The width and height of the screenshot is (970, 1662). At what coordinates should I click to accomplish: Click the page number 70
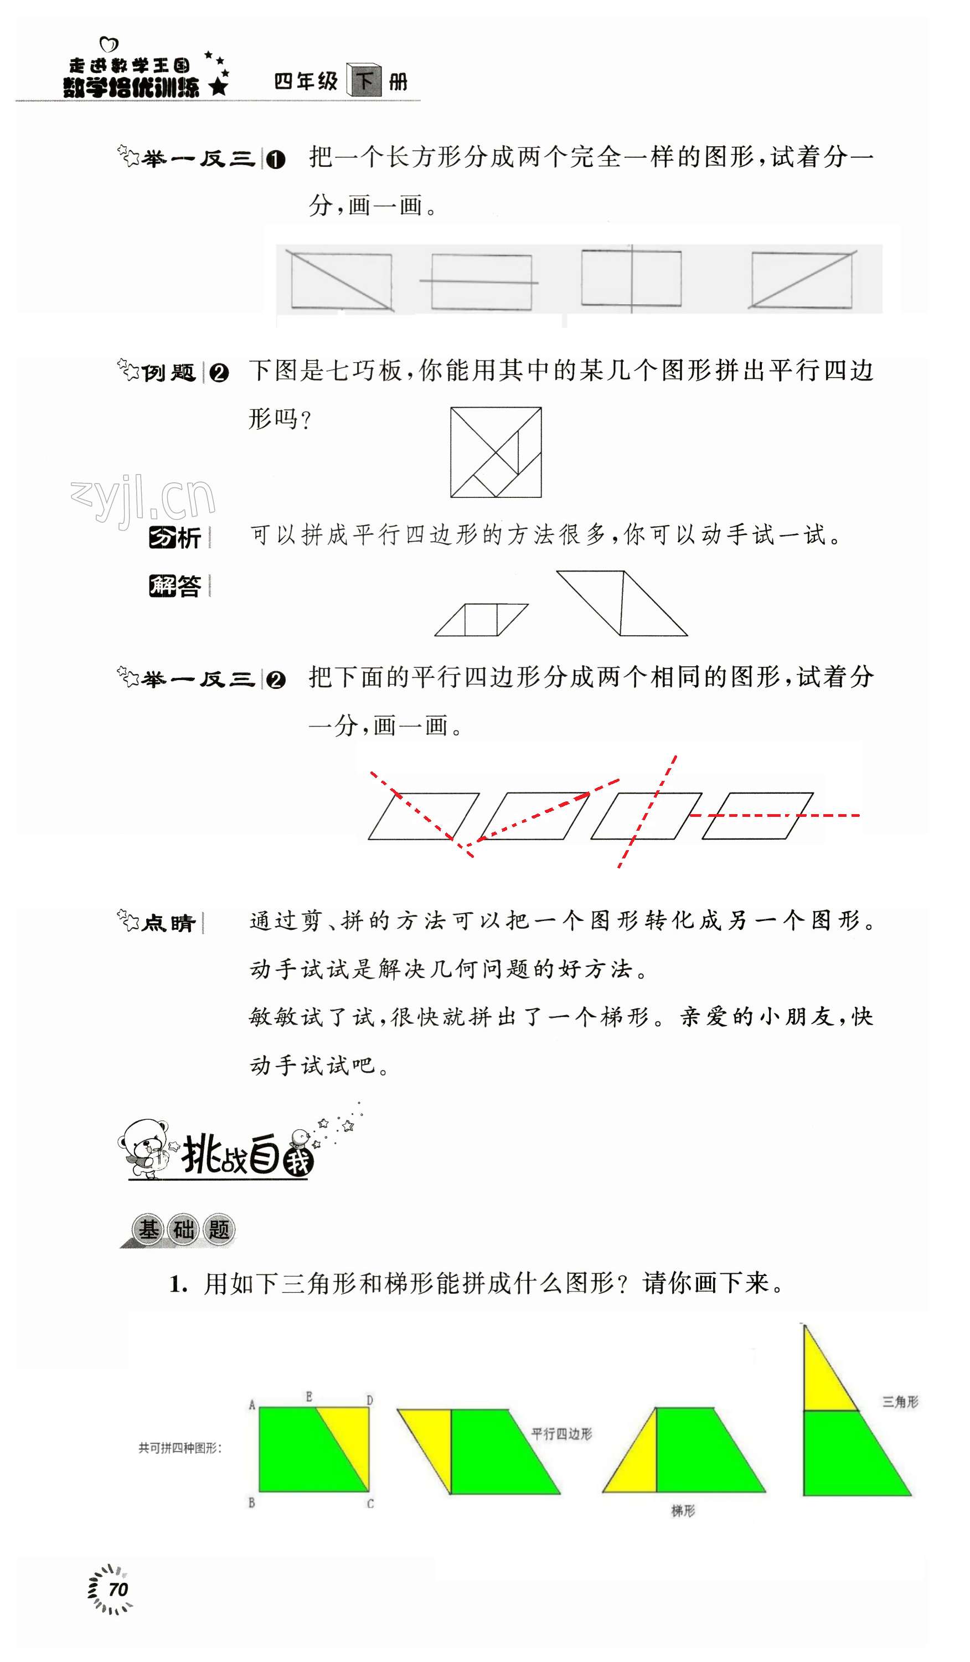click(117, 1589)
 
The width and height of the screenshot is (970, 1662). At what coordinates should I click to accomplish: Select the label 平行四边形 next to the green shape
click(561, 1434)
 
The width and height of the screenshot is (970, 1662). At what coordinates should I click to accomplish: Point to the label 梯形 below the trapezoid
click(683, 1511)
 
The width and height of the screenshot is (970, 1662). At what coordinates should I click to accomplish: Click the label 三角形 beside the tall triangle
click(900, 1402)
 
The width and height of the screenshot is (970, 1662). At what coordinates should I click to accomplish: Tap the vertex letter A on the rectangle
click(251, 1405)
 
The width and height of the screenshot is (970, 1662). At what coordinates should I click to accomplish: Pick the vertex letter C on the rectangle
click(370, 1504)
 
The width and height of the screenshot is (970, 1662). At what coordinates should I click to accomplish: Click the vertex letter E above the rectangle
click(308, 1396)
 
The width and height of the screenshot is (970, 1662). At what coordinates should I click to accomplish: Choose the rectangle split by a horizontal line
click(481, 282)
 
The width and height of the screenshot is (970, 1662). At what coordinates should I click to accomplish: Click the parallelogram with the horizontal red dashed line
click(757, 815)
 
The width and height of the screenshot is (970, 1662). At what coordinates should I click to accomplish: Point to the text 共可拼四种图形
click(180, 1448)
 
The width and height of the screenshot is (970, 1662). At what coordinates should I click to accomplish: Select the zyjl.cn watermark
click(143, 499)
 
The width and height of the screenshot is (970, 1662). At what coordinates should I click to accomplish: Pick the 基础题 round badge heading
click(183, 1229)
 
